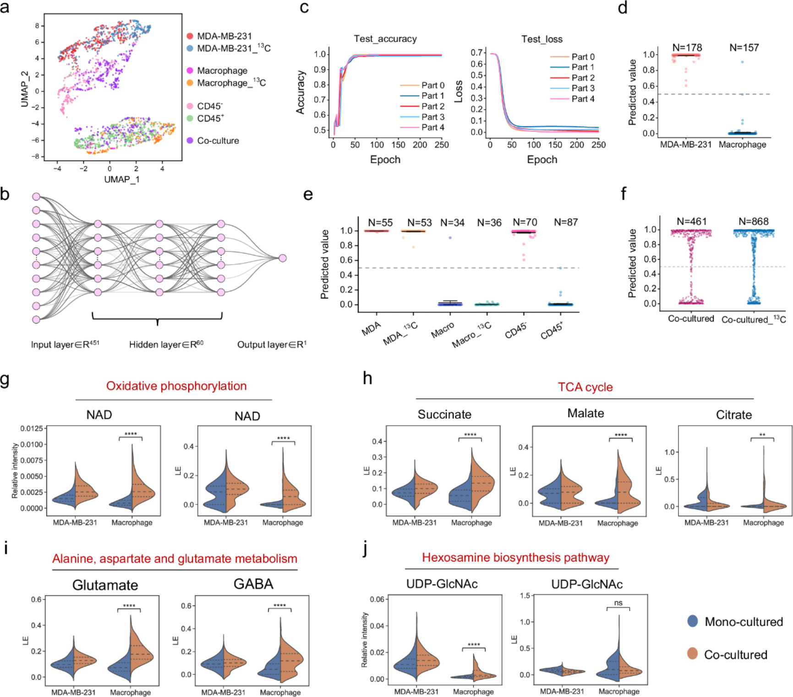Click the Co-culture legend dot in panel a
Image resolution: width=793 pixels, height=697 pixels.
(x=190, y=140)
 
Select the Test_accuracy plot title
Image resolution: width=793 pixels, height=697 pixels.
(x=385, y=39)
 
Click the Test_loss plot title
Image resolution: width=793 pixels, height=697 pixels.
(x=541, y=39)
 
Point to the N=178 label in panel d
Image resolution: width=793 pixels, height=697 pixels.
(x=687, y=48)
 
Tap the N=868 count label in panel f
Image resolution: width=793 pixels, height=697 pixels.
(x=753, y=222)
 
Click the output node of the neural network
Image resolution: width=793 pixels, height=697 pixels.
(x=283, y=258)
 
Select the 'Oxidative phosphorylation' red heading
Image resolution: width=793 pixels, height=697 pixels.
(x=176, y=386)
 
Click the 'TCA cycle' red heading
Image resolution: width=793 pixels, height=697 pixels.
(x=585, y=387)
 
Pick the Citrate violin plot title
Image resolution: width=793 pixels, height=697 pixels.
(x=733, y=415)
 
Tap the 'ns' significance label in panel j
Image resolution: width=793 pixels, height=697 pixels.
(x=618, y=603)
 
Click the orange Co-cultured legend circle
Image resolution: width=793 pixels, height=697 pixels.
(x=692, y=654)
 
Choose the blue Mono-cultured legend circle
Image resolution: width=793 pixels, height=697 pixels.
(x=692, y=621)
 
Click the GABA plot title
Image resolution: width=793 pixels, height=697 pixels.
(x=253, y=584)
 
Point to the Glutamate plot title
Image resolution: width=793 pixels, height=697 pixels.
(x=105, y=585)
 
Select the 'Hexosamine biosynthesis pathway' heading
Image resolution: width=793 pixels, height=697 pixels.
(x=515, y=557)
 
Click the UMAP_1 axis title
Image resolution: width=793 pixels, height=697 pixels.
(x=121, y=179)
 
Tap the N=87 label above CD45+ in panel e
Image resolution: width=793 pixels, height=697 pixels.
(x=565, y=222)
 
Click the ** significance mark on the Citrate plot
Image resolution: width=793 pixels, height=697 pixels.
(x=762, y=435)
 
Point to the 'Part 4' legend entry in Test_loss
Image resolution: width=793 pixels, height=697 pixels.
(x=583, y=99)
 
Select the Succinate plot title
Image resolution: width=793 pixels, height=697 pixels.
(x=444, y=414)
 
